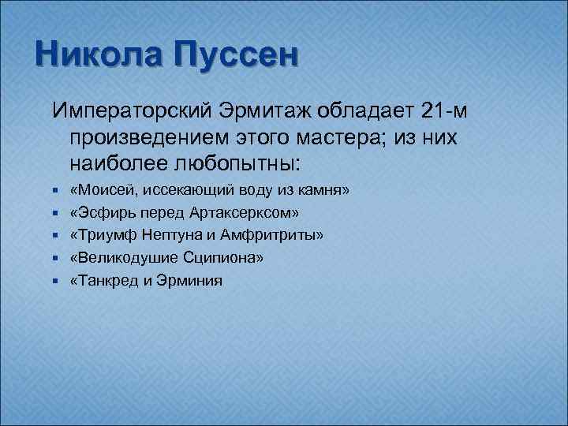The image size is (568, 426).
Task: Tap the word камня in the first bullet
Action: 323,192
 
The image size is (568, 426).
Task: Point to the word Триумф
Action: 102,236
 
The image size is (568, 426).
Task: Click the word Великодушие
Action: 120,258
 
